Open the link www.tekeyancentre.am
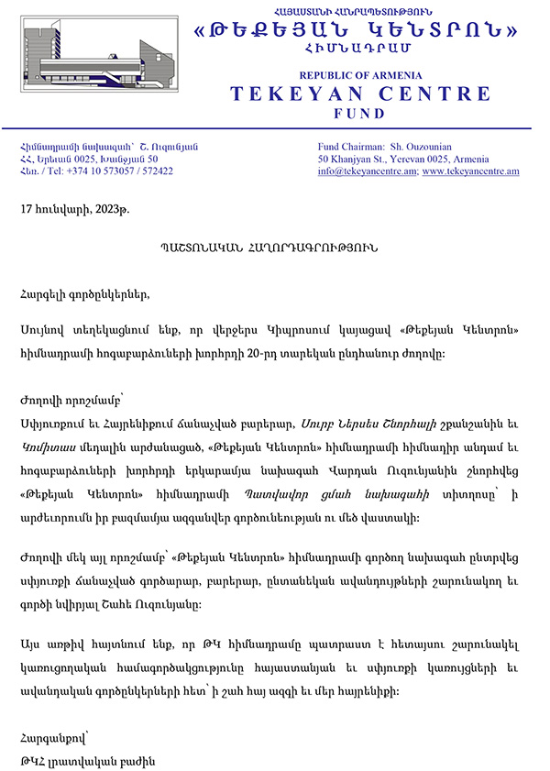tap(470, 171)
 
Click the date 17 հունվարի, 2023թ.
tap(75, 209)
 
